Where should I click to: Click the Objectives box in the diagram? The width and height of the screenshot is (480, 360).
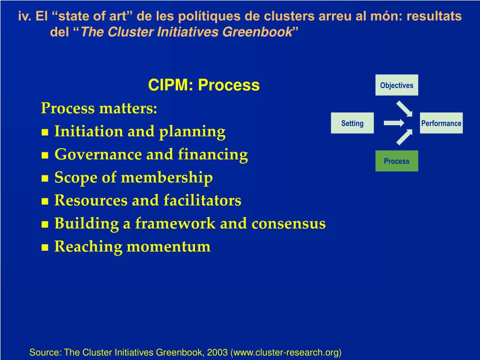pos(397,85)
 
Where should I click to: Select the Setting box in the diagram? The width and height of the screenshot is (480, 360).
pos(352,123)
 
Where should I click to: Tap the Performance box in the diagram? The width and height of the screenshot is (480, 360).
pos(441,123)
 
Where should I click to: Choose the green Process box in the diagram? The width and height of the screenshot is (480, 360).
pos(397,161)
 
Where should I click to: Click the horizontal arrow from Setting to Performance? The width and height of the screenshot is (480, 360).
pos(394,123)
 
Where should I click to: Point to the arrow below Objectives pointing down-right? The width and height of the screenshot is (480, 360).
pos(405,108)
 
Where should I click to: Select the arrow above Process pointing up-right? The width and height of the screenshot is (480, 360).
pos(405,137)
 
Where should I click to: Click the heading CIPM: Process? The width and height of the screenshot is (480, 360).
pos(204,85)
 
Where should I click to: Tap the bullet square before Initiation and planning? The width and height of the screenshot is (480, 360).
pos(45,133)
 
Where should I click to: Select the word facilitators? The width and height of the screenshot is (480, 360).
pos(202,201)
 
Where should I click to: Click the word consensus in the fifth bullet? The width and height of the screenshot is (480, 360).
pos(288,224)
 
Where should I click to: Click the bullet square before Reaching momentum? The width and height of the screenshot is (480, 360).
pos(45,248)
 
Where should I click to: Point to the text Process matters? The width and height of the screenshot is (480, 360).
pos(99,109)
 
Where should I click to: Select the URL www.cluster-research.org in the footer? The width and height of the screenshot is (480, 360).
pos(285,352)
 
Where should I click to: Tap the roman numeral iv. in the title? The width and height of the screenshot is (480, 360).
pos(24,17)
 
